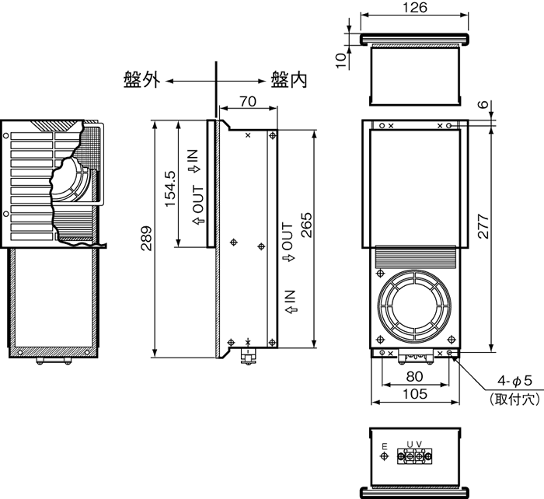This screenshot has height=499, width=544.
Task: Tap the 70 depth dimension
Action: coord(247,100)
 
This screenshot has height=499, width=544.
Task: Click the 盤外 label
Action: coord(141,79)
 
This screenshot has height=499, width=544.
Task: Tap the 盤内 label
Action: coord(288,79)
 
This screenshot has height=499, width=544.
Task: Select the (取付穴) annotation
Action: coord(514,400)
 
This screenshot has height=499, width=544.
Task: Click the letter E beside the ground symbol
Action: coord(384,445)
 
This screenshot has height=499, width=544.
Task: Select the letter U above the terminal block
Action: coord(410,444)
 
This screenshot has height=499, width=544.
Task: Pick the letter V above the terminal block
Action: coord(420,444)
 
